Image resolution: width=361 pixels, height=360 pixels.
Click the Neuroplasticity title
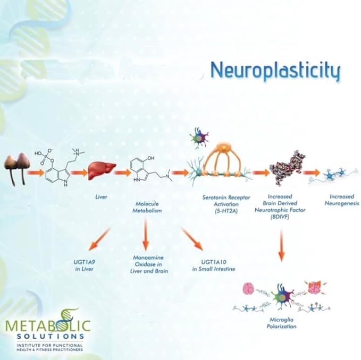275,70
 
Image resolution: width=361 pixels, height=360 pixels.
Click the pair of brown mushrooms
17,168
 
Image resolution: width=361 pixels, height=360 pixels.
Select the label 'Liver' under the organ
102,197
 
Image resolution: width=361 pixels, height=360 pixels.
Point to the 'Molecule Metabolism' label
147,207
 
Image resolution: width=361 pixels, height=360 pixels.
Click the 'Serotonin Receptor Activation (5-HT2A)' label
226,204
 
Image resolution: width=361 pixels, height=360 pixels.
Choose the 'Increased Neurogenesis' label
342,200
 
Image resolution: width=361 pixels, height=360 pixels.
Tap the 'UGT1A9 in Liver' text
84,265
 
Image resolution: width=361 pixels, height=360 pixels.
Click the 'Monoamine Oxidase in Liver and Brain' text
149,264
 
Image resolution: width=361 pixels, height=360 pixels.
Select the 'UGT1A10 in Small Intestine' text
214,265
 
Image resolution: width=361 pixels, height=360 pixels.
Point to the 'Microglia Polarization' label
281,323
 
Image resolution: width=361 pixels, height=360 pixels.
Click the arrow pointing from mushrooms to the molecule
36,173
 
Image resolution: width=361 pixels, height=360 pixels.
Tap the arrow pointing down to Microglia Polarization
281,245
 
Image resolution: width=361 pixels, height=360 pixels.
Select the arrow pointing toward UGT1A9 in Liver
99,239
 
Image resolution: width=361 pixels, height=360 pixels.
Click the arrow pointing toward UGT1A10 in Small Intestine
192,239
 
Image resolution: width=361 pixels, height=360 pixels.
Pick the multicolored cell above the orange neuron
198,138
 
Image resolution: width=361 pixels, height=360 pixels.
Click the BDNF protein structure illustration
287,168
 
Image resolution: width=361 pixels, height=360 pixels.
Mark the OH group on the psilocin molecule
151,158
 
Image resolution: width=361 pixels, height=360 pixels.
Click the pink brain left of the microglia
248,288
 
